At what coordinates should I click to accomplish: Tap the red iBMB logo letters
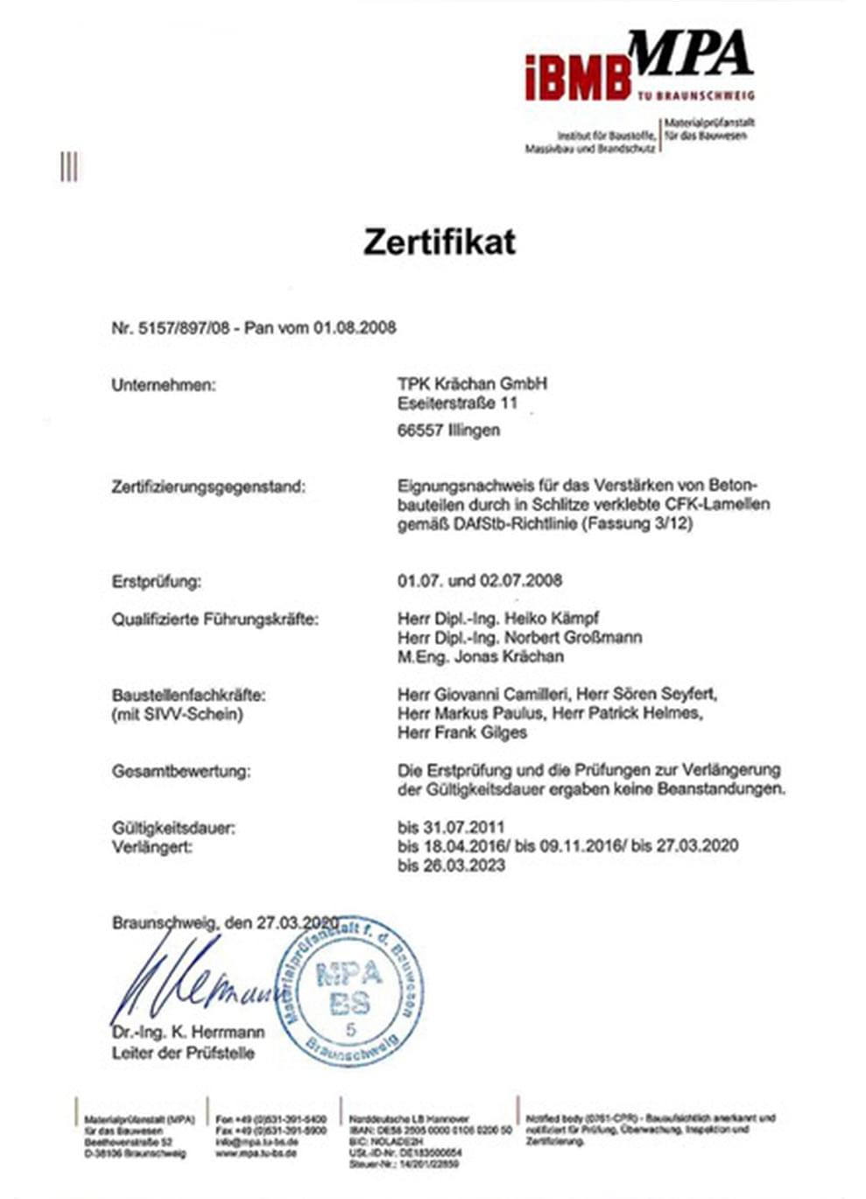[x=577, y=78]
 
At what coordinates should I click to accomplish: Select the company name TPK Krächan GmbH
[x=472, y=384]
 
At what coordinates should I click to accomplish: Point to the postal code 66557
[x=419, y=431]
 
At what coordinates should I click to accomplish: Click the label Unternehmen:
[x=163, y=385]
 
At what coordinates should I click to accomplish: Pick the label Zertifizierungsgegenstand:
[x=208, y=487]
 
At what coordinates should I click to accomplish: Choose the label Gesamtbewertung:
[x=180, y=772]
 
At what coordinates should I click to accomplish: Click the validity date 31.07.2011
[x=461, y=827]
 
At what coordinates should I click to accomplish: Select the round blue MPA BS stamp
[x=350, y=989]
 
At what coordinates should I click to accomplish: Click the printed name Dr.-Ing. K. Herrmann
[x=187, y=1033]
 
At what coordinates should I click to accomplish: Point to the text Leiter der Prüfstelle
[x=183, y=1053]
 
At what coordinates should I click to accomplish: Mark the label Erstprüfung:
[x=156, y=581]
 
